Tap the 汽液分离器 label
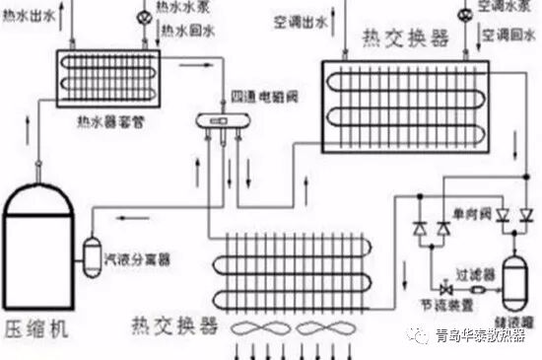point(137,259)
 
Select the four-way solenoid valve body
point(223,123)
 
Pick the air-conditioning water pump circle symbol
point(463,14)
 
